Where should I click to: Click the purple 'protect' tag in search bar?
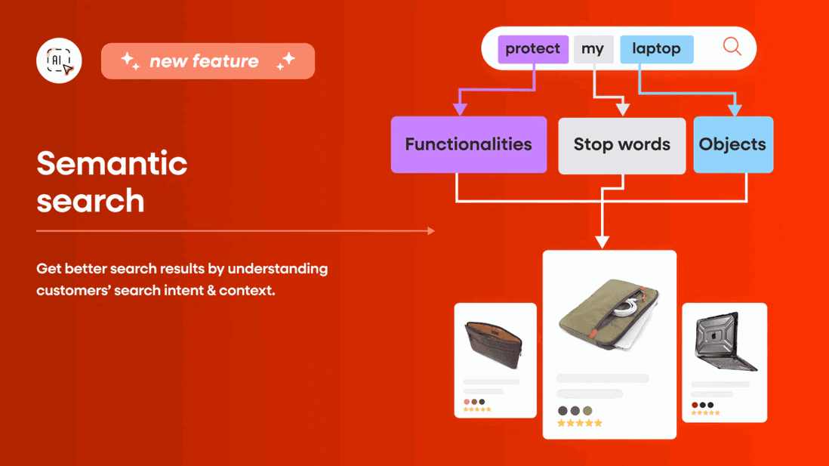[x=532, y=49]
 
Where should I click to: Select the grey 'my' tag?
[x=593, y=49]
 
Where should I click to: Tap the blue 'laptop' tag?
[x=656, y=49]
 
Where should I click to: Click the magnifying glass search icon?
[x=732, y=47]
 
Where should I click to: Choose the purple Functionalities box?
[x=468, y=144]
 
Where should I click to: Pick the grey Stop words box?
[x=621, y=145]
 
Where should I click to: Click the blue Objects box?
[x=732, y=144]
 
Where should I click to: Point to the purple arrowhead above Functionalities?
[x=460, y=110]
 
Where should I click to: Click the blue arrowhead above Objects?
[x=734, y=110]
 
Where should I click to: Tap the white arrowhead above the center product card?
[x=602, y=242]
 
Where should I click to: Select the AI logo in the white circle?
[x=59, y=60]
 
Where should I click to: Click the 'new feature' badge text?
[x=204, y=61]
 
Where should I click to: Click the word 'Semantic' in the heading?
[x=112, y=163]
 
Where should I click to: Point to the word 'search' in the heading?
[x=90, y=201]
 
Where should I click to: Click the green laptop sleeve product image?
[x=609, y=313]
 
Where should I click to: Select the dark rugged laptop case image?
[x=725, y=341]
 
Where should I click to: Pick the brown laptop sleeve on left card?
[x=495, y=344]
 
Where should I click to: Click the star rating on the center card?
[x=579, y=424]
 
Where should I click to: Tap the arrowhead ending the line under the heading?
[x=431, y=230]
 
